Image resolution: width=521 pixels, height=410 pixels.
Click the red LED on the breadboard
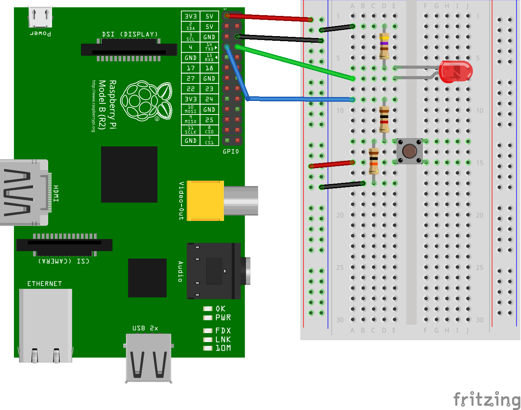(455, 71)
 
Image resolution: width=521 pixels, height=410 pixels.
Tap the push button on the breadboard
(409, 151)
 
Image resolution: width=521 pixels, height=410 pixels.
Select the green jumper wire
(295, 63)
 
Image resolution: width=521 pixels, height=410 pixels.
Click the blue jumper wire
(299, 99)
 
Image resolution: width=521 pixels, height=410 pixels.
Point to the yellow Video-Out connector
(205, 201)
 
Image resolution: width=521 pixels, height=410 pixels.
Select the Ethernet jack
(45, 325)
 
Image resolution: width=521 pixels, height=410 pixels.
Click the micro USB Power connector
(40, 17)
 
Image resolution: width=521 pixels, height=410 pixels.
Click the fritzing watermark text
(486, 399)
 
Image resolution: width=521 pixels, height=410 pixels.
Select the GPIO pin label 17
(191, 68)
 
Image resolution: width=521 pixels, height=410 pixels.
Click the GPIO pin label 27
(191, 78)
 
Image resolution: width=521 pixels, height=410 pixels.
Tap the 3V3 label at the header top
(191, 16)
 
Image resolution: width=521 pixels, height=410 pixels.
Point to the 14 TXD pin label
(209, 47)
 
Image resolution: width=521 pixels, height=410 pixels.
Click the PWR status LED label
(223, 318)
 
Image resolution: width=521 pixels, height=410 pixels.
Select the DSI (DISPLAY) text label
(130, 34)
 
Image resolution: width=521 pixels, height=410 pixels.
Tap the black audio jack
(214, 271)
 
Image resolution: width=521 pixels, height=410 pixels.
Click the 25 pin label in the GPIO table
(209, 120)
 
